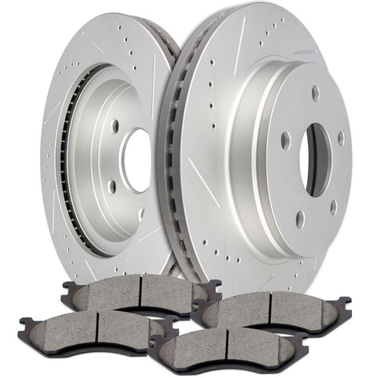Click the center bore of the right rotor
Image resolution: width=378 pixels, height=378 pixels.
point(317,161)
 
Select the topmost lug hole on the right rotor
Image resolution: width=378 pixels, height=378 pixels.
point(315,92)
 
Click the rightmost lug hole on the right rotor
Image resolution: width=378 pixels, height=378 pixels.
point(341,139)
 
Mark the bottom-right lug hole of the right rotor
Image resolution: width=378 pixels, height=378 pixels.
point(334,207)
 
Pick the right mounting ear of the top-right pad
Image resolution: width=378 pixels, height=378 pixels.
point(344,301)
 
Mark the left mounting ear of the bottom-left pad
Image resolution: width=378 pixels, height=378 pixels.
point(24,323)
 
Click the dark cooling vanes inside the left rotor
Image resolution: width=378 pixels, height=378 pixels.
point(66,157)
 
